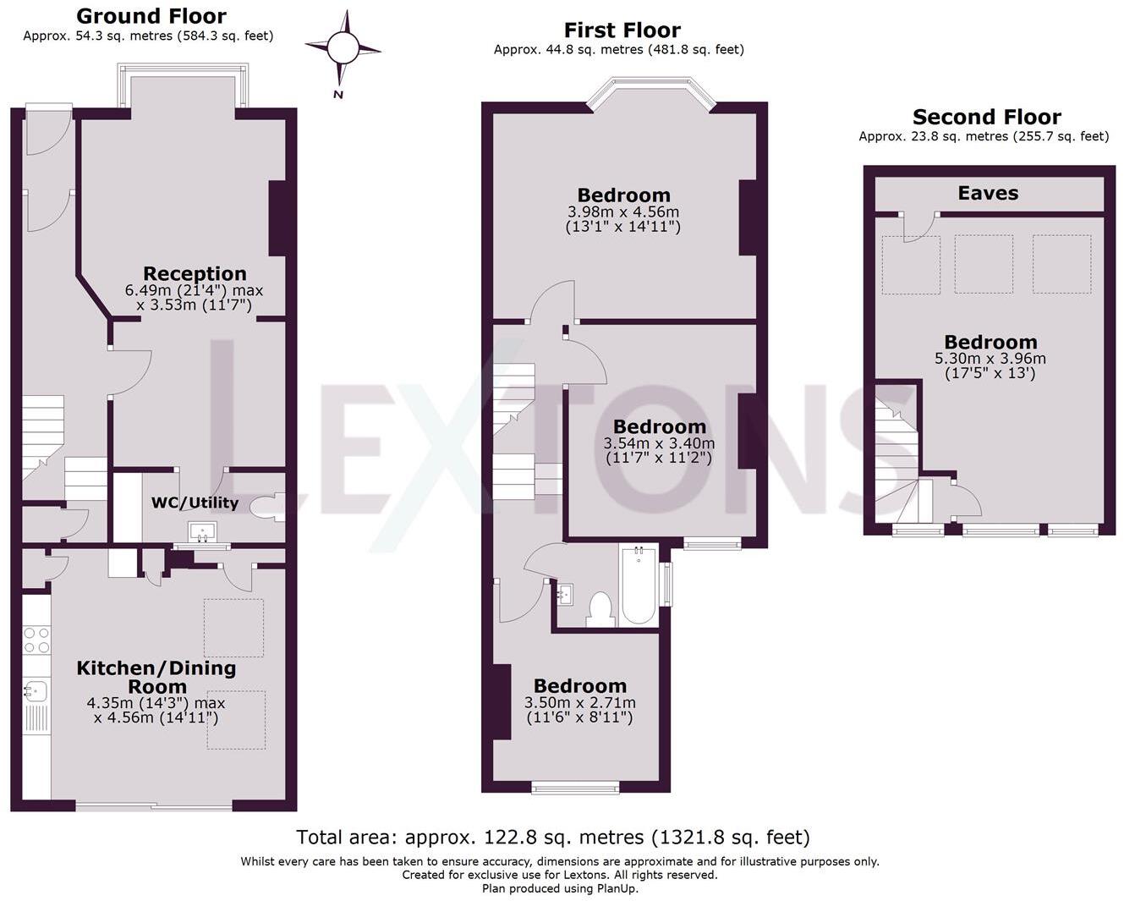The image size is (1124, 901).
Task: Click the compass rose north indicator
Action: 343,48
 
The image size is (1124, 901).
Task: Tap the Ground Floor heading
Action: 151,16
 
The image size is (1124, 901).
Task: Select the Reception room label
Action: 195,273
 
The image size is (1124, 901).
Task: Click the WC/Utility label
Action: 195,503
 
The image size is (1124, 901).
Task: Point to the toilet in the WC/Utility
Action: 267,506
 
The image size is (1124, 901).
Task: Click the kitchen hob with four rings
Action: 36,640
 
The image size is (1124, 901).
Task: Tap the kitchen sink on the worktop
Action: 36,690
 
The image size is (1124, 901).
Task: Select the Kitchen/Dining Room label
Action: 156,677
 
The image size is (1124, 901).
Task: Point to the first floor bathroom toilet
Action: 600,608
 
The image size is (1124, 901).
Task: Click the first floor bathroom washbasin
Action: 566,594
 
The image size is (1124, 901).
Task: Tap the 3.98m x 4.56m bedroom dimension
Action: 623,212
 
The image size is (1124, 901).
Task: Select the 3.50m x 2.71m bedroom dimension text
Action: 580,702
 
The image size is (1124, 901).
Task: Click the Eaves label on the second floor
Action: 988,193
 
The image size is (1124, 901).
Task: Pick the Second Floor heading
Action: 986,117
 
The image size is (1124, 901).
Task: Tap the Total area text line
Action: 553,838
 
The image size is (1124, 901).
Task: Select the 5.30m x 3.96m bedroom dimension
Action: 990,358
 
